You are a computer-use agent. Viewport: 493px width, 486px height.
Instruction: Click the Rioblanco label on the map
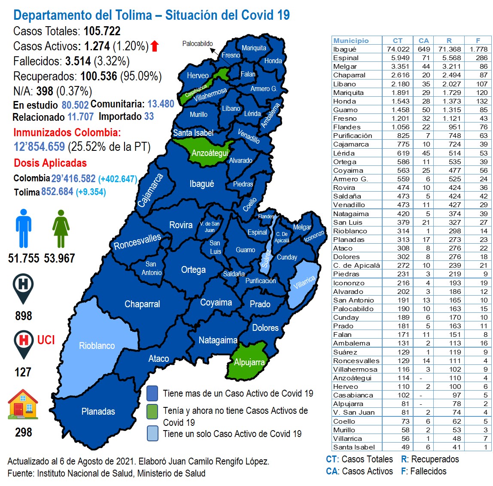click(x=97, y=346)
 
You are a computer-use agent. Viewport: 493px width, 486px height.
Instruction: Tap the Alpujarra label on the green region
click(x=249, y=362)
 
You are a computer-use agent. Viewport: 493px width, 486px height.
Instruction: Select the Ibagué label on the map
click(x=201, y=184)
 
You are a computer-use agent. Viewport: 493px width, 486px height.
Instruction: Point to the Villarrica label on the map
click(x=304, y=282)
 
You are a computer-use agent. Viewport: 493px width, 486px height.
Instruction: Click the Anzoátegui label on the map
click(x=210, y=153)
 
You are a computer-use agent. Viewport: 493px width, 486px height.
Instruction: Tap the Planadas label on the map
click(x=98, y=411)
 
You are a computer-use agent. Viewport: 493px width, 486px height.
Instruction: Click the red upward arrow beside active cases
click(x=155, y=46)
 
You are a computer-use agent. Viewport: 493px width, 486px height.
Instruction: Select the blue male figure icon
click(x=23, y=228)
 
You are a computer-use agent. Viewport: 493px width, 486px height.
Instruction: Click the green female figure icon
click(x=61, y=228)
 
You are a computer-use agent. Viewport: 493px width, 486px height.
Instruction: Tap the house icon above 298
click(x=23, y=404)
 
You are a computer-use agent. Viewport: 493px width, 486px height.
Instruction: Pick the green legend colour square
click(x=152, y=411)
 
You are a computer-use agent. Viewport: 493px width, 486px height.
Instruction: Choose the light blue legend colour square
click(x=152, y=433)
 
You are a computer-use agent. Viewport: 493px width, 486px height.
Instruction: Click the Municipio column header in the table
click(x=351, y=40)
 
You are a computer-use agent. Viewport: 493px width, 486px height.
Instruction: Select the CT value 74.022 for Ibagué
click(x=398, y=49)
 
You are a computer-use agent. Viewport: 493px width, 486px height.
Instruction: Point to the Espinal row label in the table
click(x=346, y=58)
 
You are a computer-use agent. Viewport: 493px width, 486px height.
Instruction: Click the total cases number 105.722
click(x=102, y=31)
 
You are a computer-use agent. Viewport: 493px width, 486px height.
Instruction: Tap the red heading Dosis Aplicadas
click(x=50, y=163)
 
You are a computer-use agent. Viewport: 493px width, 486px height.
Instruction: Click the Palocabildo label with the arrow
click(x=198, y=43)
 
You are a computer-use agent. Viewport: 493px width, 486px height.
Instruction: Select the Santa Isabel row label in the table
click(x=354, y=447)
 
